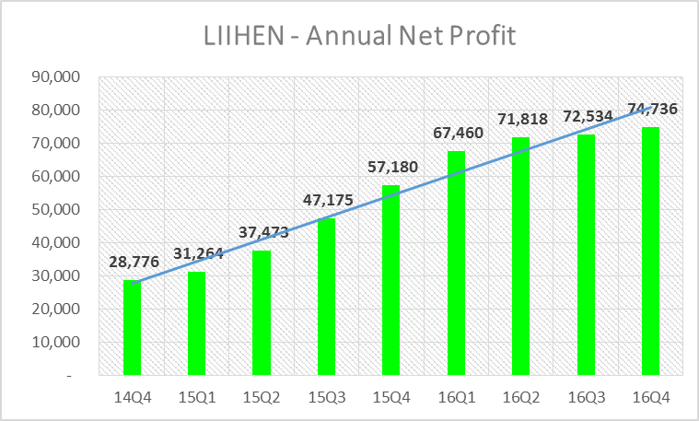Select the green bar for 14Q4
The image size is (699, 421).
pyautogui.click(x=133, y=327)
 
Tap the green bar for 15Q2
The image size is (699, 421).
pyautogui.click(x=262, y=313)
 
